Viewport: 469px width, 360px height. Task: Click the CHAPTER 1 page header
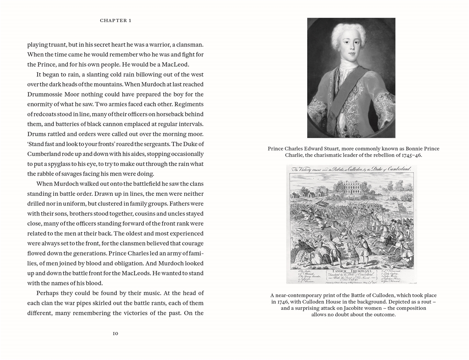(115, 20)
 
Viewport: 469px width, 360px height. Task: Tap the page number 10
(115, 333)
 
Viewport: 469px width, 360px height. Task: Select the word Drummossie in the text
(46, 94)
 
